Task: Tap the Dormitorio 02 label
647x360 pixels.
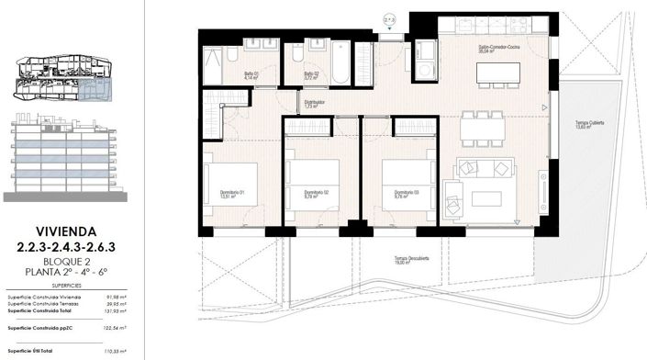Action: pyautogui.click(x=316, y=192)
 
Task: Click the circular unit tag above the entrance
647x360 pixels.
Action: pyautogui.click(x=388, y=17)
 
